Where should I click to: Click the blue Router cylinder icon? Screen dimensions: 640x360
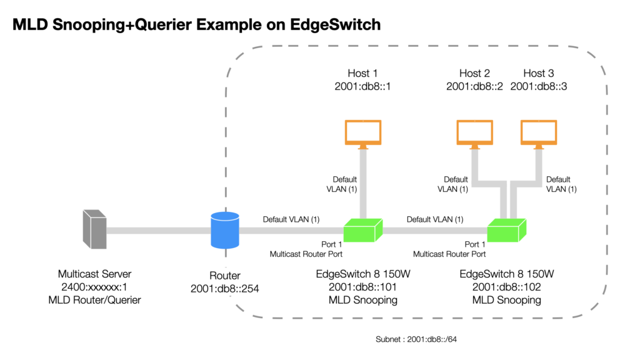coord(225,230)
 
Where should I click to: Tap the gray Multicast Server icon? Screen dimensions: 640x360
coord(95,229)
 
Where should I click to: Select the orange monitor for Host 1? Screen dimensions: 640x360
coord(363,134)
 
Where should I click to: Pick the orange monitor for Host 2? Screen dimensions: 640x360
coord(475,134)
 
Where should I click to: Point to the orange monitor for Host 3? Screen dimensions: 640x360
coord(539,134)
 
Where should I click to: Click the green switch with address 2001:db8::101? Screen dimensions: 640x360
coord(363,231)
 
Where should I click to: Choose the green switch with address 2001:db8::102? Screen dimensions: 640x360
coord(506,231)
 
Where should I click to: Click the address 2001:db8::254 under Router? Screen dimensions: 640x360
coord(225,289)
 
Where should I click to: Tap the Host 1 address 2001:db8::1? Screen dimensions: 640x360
coord(363,86)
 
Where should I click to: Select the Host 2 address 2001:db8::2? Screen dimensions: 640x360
coord(475,86)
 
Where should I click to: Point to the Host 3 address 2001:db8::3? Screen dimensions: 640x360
coord(539,86)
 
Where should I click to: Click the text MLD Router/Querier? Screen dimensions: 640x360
coord(95,301)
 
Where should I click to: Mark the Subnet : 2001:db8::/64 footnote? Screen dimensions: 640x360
coord(416,339)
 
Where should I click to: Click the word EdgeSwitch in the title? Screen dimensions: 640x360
coord(336,25)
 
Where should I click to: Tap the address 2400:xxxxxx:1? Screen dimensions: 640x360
coord(95,287)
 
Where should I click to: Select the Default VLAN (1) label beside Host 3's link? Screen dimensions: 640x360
coord(561,184)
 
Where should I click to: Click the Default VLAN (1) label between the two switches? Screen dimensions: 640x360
coord(435,219)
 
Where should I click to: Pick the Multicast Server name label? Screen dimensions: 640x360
coord(95,274)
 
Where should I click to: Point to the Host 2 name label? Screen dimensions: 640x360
coord(475,74)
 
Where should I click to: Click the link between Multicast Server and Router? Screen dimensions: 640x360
coord(159,231)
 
